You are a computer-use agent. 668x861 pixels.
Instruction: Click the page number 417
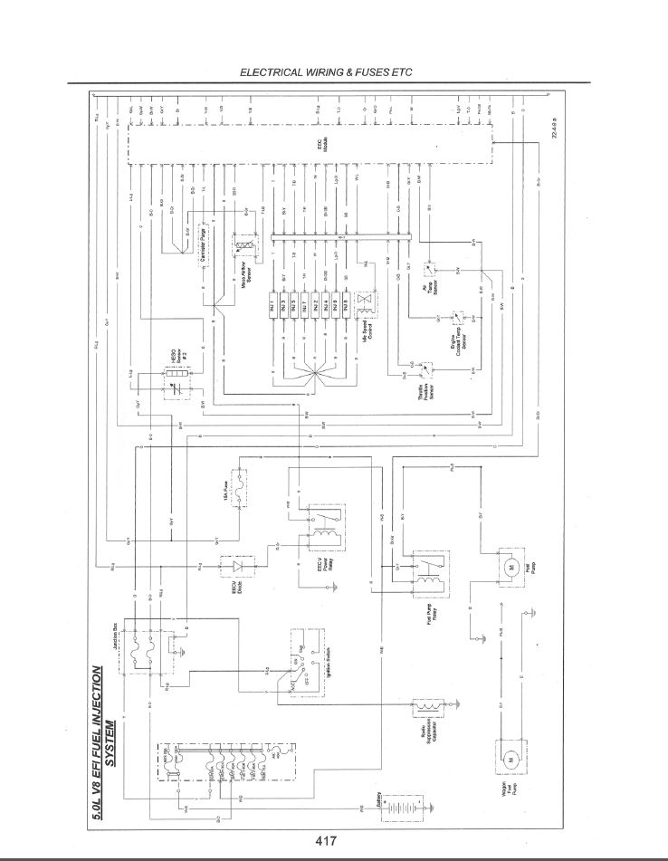[x=327, y=840]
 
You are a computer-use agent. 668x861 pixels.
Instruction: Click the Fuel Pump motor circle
[x=510, y=569]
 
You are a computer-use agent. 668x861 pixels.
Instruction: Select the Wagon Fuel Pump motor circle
[x=511, y=760]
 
